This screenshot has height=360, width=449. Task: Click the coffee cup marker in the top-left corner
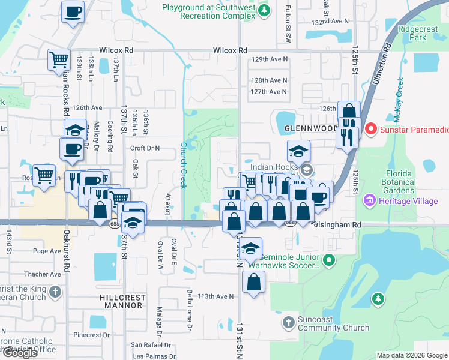pos(73,11)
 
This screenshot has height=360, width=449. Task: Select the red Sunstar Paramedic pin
pos(371,128)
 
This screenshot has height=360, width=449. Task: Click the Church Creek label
pos(184,165)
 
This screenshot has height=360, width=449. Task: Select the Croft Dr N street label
pos(145,148)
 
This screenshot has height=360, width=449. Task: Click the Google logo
pos(20,353)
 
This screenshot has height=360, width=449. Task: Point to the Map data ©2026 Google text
pos(412,355)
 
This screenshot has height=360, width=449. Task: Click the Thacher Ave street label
pos(47,274)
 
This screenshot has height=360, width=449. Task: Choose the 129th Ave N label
pos(269,60)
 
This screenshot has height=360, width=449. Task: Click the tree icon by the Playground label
pos(263,11)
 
